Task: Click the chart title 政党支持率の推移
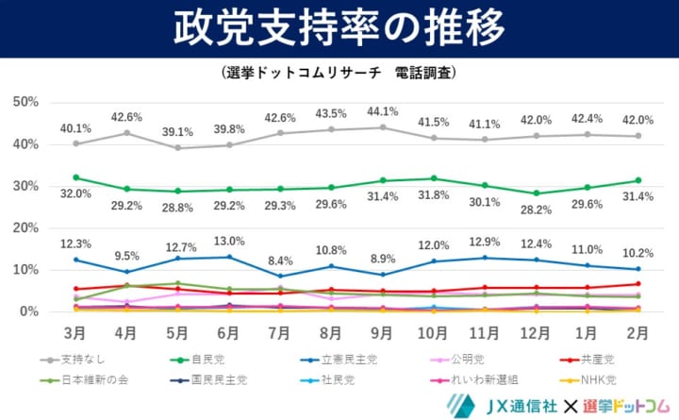[339, 28]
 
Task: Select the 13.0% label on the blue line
[228, 240]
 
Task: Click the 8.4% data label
[279, 260]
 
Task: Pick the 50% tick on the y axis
[25, 102]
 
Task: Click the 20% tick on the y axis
[25, 227]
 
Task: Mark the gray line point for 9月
[380, 127]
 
